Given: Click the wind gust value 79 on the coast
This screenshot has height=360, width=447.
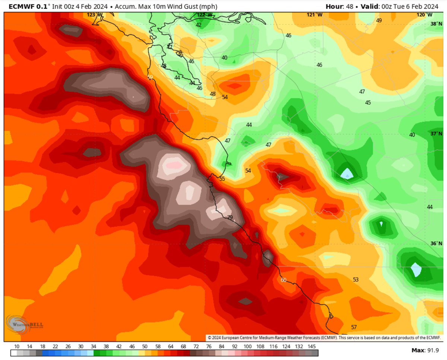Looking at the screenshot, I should click(230, 217).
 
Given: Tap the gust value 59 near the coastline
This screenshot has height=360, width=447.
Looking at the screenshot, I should click(150, 77).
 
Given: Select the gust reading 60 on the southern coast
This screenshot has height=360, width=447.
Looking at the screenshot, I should click(284, 280).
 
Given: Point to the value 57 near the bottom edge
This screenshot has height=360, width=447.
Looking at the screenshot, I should click(354, 327).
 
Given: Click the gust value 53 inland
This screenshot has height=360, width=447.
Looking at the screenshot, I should click(356, 279).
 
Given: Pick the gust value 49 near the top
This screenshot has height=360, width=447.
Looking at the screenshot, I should click(379, 20).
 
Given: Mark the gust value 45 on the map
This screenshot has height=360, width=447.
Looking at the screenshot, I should click(368, 102).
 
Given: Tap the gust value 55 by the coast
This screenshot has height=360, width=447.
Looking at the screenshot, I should click(222, 179).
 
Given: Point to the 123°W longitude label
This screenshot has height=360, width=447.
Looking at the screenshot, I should click(92, 15).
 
